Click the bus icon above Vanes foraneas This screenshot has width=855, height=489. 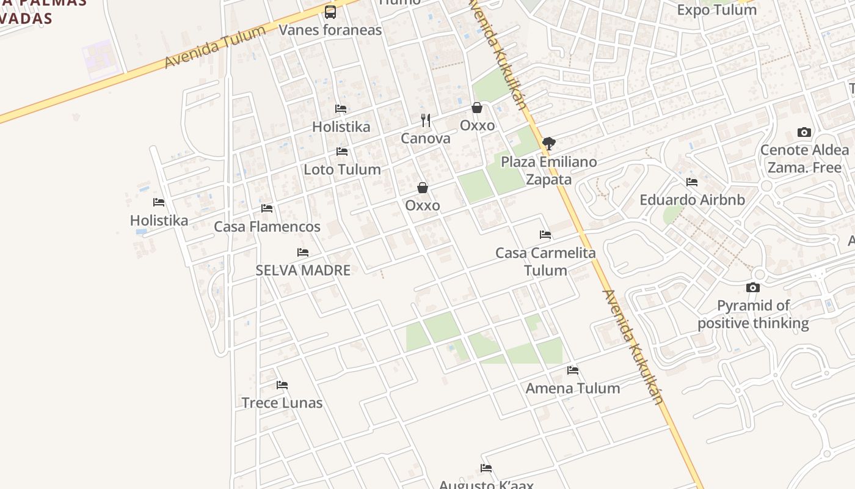[330, 12]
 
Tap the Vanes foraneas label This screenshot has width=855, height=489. [330, 30]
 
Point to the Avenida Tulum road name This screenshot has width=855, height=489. [215, 46]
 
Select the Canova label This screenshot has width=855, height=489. [426, 138]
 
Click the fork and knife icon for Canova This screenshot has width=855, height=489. [426, 120]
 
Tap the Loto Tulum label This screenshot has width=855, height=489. [342, 169]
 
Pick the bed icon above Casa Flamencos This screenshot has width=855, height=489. [267, 208]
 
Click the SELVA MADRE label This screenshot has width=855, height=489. [303, 270]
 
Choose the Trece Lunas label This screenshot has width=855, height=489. [282, 403]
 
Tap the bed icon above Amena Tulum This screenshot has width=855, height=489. [573, 370]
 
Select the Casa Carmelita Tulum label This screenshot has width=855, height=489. [545, 261]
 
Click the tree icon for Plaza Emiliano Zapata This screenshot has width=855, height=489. [549, 144]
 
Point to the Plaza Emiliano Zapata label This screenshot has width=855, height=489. [549, 171]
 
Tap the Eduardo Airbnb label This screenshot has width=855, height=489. [692, 200]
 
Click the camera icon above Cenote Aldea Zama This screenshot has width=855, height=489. [804, 133]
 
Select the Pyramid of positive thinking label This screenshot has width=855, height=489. [753, 314]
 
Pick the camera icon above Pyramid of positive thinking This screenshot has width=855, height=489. [753, 287]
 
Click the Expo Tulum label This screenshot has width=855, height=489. [717, 10]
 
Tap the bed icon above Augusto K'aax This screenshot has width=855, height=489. [486, 468]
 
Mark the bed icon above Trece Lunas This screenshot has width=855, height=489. [282, 385]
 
